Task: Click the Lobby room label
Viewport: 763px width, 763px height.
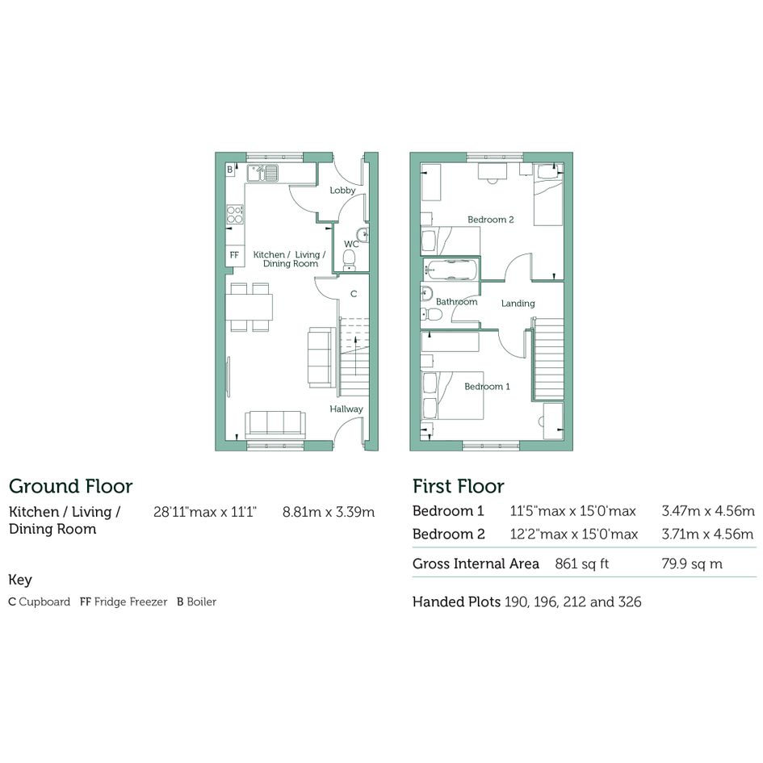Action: click(342, 191)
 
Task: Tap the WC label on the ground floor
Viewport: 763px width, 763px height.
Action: click(351, 244)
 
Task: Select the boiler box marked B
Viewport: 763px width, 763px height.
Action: click(230, 170)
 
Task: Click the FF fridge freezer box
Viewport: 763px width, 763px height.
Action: click(234, 255)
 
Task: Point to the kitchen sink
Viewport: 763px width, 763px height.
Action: click(262, 174)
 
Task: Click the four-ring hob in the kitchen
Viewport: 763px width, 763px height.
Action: click(234, 214)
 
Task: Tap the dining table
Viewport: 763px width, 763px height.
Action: click(249, 307)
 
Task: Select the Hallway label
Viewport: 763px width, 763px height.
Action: click(346, 409)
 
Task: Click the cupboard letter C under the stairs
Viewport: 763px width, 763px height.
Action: click(354, 294)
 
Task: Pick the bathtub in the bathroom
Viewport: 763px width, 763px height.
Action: click(451, 269)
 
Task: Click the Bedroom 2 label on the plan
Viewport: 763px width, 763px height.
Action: click(491, 220)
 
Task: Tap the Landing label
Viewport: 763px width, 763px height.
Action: click(518, 304)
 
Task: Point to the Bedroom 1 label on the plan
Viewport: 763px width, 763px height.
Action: click(487, 387)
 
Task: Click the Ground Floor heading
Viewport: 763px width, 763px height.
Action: click(70, 486)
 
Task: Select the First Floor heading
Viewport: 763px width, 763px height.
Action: click(459, 486)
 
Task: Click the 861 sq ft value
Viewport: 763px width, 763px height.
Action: click(582, 564)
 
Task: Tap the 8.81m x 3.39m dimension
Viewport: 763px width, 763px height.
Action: click(329, 512)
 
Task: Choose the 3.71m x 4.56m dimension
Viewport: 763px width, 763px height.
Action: click(707, 535)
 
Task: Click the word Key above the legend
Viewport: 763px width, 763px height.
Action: click(20, 580)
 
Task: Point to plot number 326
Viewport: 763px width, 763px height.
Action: click(630, 602)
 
